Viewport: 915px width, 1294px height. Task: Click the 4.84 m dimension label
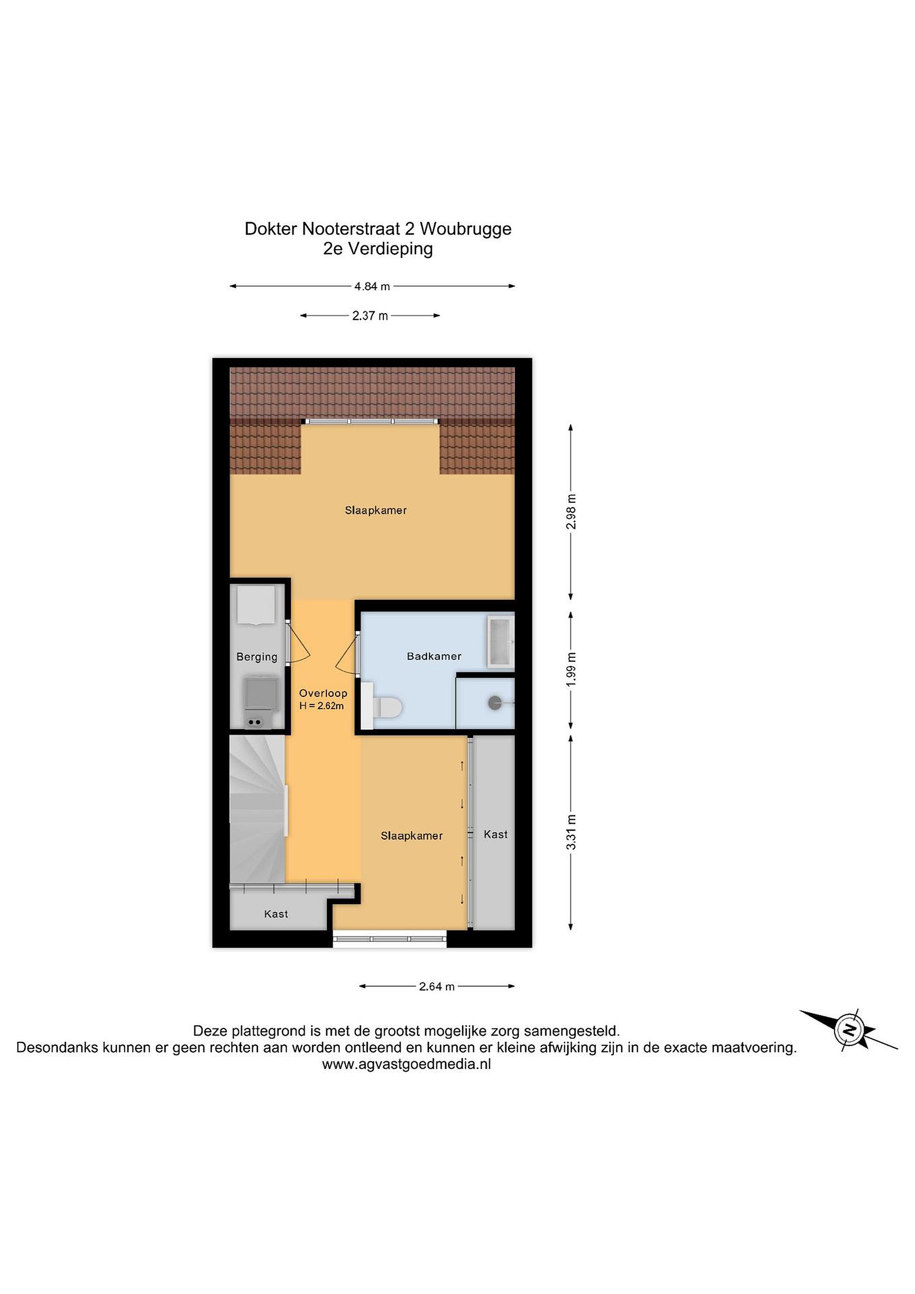point(372,286)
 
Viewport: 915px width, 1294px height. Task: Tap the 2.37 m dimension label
point(370,315)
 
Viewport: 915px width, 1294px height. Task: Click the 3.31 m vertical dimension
point(571,832)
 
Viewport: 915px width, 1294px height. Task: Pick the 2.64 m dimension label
point(437,986)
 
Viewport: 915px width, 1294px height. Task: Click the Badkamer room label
point(434,656)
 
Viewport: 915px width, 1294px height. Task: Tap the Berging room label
point(257,656)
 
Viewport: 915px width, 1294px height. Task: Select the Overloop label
point(323,693)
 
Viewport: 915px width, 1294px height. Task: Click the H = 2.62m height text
point(322,705)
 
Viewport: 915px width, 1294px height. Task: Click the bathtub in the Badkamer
point(500,641)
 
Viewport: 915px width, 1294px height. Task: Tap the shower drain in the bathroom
point(495,702)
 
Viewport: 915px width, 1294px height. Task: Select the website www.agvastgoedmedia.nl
point(406,1064)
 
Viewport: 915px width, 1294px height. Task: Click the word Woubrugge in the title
point(465,229)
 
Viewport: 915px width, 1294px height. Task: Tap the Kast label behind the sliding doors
point(496,834)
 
